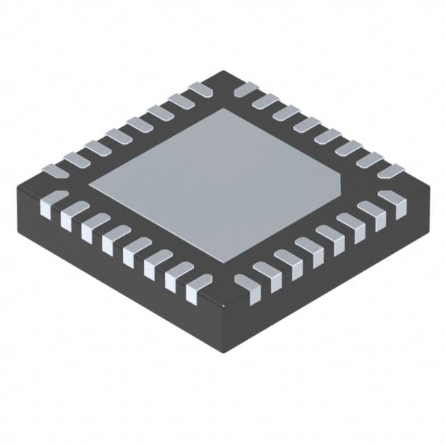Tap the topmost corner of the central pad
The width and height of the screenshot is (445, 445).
point(224,109)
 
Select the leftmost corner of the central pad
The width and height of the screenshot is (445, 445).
point(88,183)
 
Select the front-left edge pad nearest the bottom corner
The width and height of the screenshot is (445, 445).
point(197,286)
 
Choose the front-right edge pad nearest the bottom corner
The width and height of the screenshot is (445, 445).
point(245,286)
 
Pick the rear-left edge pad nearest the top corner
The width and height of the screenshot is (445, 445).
point(200,90)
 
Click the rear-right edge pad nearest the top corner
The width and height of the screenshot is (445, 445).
point(245,90)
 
